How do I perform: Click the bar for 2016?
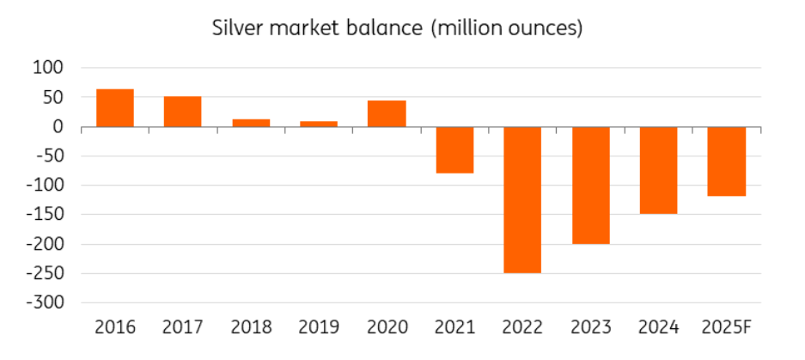[x=114, y=107]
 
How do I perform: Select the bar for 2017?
[x=182, y=112]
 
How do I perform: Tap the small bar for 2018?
[x=250, y=123]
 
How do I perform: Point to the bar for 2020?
[x=386, y=113]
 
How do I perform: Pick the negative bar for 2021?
[x=454, y=149]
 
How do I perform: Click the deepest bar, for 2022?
[x=522, y=199]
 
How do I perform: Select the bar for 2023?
[x=590, y=185]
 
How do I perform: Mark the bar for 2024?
[x=658, y=169]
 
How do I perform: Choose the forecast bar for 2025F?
[x=726, y=161]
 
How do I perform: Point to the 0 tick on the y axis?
[x=59, y=126]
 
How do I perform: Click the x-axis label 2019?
[x=318, y=327]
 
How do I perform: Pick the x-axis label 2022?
[x=522, y=327]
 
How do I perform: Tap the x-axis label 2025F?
[x=726, y=327]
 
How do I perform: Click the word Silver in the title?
[x=237, y=27]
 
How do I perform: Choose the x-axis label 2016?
[x=114, y=327]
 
